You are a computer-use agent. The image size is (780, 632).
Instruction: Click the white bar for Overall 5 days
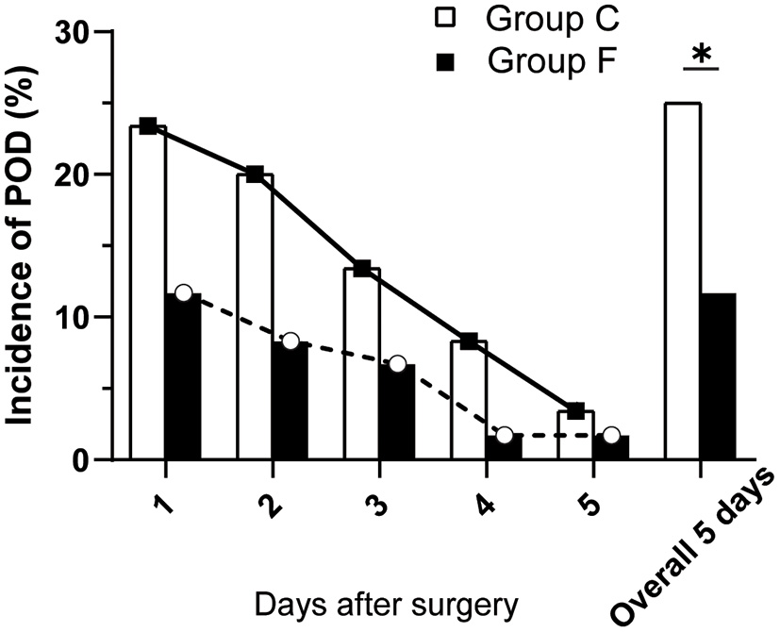(x=682, y=283)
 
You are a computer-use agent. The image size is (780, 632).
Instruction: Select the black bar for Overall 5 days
(x=718, y=377)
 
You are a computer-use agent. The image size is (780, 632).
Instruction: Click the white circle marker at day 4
(x=505, y=435)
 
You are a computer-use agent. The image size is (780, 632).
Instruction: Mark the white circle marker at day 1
(x=183, y=292)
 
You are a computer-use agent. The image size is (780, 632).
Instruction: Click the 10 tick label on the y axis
(x=79, y=318)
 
